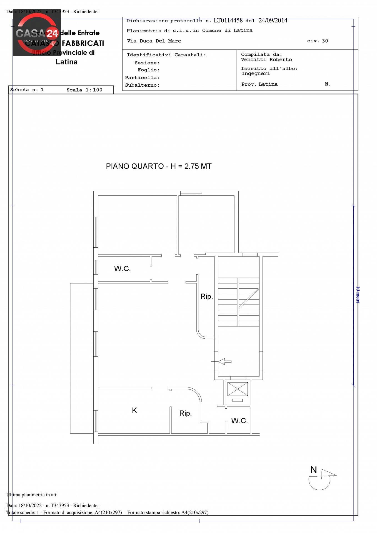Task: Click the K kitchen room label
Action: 134,410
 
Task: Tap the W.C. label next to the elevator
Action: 239,421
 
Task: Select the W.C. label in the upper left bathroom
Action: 122,269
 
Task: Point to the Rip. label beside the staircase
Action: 206,296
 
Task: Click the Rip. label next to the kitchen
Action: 185,413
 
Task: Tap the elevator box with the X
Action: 237,389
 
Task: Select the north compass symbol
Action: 321,480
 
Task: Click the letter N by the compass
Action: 313,470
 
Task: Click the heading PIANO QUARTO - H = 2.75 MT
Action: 159,166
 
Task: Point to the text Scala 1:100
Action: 84,90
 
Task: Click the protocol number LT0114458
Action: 228,21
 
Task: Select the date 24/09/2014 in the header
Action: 273,21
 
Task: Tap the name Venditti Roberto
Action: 266,60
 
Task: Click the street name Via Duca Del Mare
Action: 154,41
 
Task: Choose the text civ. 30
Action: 317,41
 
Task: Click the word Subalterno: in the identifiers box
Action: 142,85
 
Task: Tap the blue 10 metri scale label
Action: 358,295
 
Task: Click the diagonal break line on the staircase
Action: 249,298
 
